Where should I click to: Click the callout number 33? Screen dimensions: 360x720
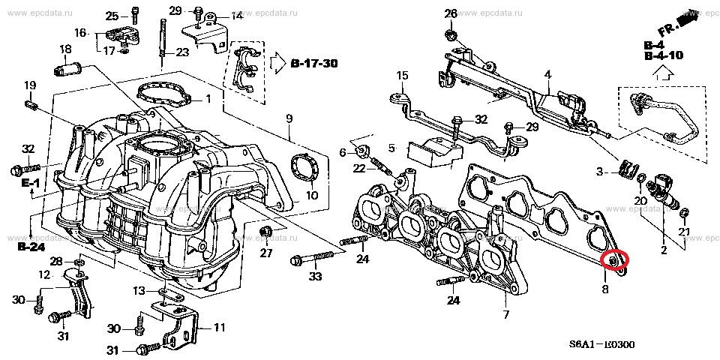(314, 277)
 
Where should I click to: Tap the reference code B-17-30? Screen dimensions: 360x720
(314, 64)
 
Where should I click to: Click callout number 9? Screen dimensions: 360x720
(289, 118)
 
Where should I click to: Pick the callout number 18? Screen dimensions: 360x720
(65, 49)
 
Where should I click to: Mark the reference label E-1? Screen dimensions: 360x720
(31, 182)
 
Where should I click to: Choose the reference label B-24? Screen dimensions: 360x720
(32, 245)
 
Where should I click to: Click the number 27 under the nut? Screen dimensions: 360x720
(266, 253)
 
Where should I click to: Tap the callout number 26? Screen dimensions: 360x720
(450, 13)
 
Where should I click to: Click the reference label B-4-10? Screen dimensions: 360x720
(663, 55)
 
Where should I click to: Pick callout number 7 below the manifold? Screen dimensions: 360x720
(505, 314)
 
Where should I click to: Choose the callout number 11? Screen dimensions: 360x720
(219, 327)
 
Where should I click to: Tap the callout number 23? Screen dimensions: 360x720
(182, 52)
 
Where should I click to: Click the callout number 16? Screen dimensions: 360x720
(80, 32)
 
